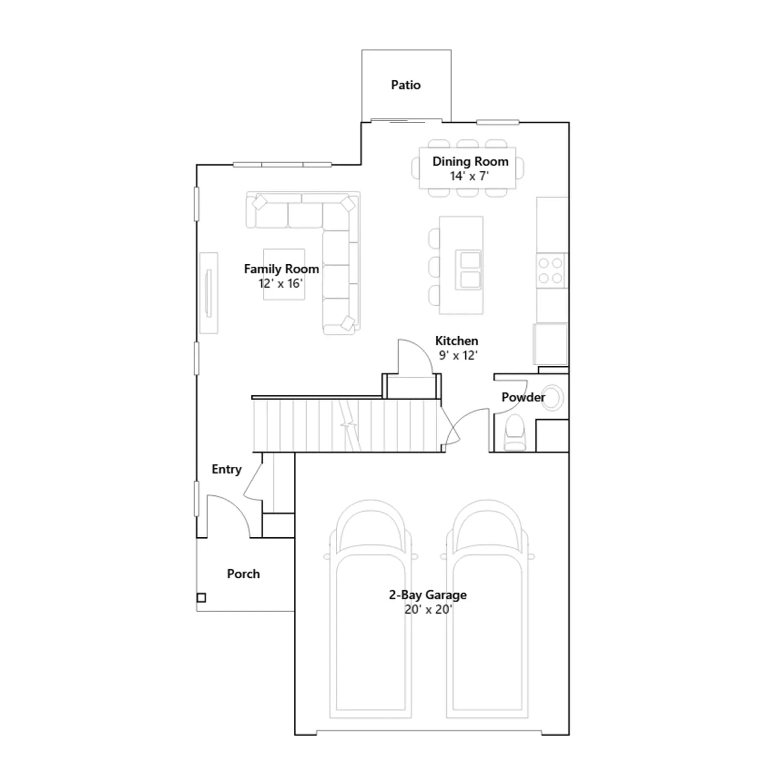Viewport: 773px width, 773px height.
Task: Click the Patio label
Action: point(406,85)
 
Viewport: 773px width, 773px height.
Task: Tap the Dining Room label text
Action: point(470,162)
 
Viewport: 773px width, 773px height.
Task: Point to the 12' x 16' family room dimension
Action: point(281,284)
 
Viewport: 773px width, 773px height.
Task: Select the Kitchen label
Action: point(457,341)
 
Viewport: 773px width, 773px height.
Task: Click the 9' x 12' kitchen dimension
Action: point(458,356)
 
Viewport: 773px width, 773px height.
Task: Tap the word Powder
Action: point(523,397)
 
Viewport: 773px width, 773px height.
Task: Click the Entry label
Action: point(227,470)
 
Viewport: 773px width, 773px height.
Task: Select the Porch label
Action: point(243,574)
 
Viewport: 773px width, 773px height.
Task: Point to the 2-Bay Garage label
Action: point(428,595)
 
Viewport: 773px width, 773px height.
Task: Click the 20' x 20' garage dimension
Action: point(428,610)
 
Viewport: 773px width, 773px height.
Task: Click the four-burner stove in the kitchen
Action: point(551,271)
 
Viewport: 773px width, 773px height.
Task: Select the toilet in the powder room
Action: point(515,433)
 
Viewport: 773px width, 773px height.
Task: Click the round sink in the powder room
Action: point(552,398)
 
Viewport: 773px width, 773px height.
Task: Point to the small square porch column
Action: point(201,598)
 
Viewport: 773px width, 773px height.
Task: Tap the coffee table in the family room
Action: point(284,274)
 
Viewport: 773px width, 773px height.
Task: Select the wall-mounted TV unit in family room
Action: point(209,293)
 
